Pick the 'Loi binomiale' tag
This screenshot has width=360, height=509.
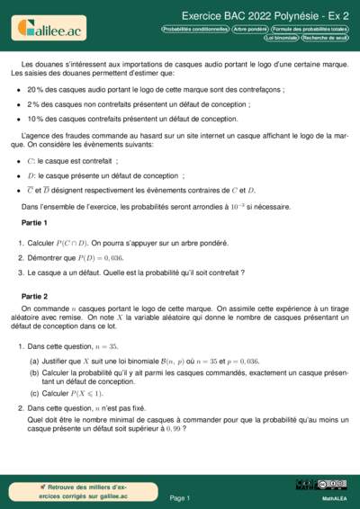[x=274, y=38]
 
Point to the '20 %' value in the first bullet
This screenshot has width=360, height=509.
[x=35, y=91]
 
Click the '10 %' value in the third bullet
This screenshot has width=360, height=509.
[x=35, y=118]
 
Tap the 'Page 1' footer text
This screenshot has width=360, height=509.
[x=180, y=497]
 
